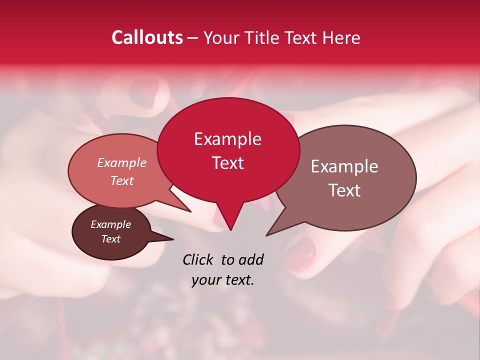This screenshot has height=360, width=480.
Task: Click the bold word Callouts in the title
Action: point(147,37)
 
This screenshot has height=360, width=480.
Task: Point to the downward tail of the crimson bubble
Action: point(229,220)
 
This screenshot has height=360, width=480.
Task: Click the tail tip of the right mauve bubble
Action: point(268,234)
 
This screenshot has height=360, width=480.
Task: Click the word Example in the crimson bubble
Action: point(227,139)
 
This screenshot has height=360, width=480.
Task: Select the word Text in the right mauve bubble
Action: point(344,190)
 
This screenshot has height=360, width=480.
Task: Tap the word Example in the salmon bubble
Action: point(121,163)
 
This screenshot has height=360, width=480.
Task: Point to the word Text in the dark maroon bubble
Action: point(110,239)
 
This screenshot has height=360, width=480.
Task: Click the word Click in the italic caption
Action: point(198,259)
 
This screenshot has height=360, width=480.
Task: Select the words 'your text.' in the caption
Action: point(222,280)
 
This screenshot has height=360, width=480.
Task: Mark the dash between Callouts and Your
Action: point(193,38)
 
